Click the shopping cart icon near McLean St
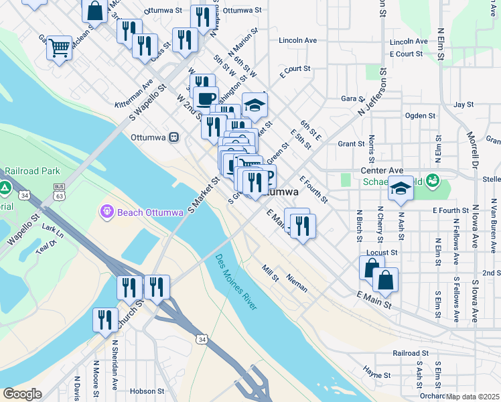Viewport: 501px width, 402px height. point(59,48)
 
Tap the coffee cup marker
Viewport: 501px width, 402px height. point(206,98)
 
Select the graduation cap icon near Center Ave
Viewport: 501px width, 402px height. point(401,188)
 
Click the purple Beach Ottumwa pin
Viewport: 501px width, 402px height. point(106,212)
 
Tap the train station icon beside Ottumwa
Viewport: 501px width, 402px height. point(173,137)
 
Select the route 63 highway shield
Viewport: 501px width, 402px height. point(58,196)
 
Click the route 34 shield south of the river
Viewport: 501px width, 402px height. point(202,340)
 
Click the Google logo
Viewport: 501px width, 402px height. point(22,394)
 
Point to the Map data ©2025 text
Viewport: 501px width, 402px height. point(473,397)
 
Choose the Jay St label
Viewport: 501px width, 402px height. point(463,105)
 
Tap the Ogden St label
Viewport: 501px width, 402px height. point(420,116)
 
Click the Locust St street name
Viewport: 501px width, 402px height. point(382,253)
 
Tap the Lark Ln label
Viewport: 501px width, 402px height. point(52,231)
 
